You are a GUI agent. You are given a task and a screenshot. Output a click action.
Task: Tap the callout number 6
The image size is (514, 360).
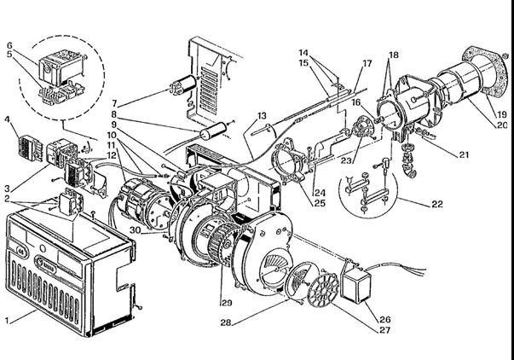pos(9,45)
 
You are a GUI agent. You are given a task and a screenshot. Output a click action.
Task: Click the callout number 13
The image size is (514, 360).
pos(263,115)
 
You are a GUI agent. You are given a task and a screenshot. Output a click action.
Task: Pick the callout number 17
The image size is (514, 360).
pos(367,63)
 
